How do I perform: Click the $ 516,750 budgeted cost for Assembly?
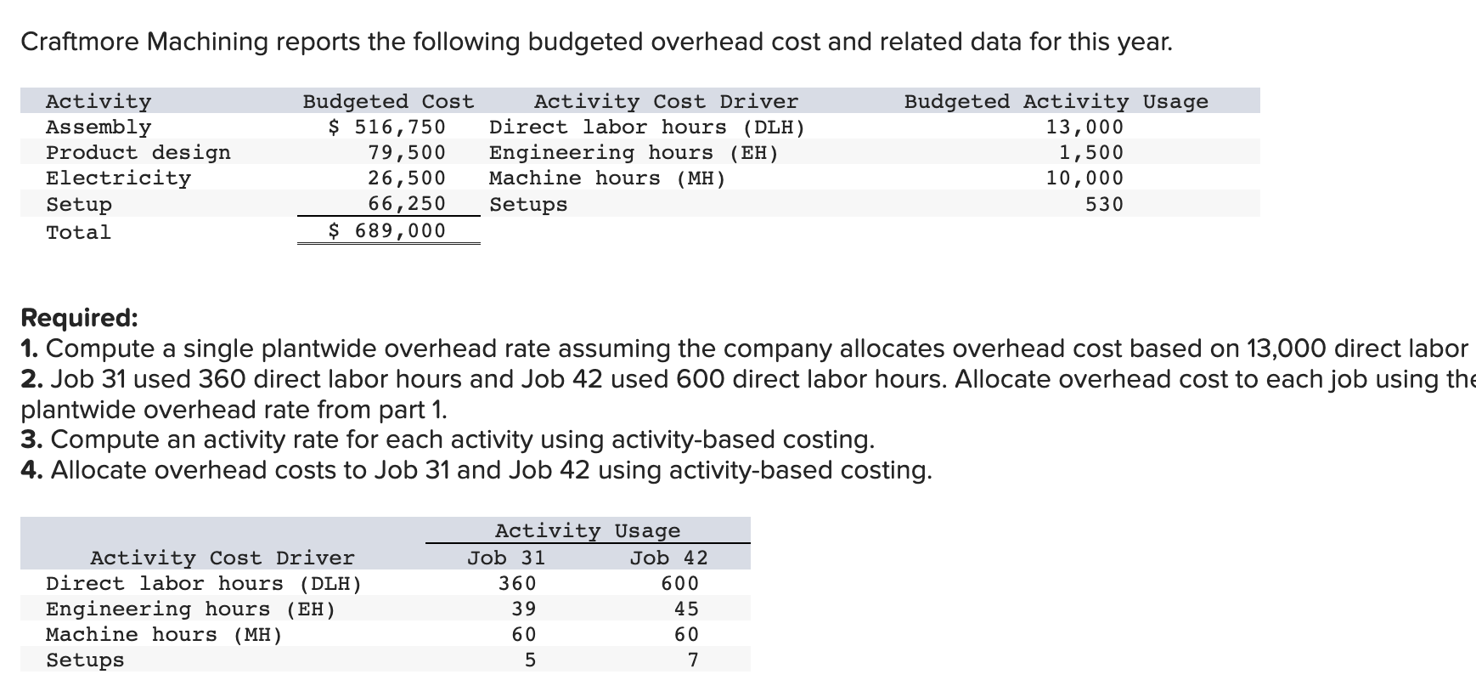(x=387, y=127)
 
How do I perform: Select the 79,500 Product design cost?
(x=407, y=153)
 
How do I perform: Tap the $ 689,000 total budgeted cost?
(x=387, y=231)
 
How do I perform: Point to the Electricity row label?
(x=118, y=178)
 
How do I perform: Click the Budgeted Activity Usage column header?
(x=1056, y=102)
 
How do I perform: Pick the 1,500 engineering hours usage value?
(x=1090, y=153)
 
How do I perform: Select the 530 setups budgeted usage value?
(x=1104, y=205)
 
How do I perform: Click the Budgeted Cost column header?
(x=388, y=102)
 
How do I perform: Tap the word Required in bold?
(x=78, y=318)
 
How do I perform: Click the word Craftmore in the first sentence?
(x=79, y=42)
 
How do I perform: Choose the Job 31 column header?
(x=506, y=558)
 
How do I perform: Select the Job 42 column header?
(x=668, y=558)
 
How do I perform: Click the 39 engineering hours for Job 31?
(x=524, y=609)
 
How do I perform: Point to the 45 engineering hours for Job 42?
(x=686, y=609)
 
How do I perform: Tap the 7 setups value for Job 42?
(x=693, y=660)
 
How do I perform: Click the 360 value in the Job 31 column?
(x=517, y=584)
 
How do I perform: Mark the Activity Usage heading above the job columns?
(x=588, y=531)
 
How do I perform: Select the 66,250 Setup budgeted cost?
(x=407, y=204)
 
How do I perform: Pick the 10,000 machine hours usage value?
(x=1084, y=178)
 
